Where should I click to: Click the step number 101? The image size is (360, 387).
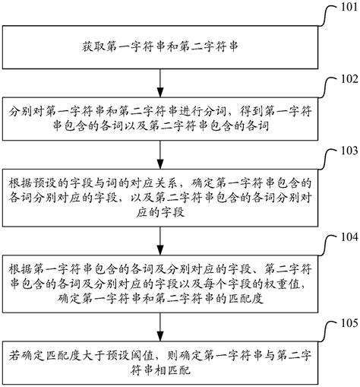[x=343, y=9]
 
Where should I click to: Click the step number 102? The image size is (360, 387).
[x=343, y=78]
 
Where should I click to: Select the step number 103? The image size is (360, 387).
[x=343, y=151]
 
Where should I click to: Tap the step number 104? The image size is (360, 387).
[x=343, y=236]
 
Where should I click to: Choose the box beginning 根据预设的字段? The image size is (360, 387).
[x=159, y=200]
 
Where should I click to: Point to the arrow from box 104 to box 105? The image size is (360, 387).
[x=159, y=327]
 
